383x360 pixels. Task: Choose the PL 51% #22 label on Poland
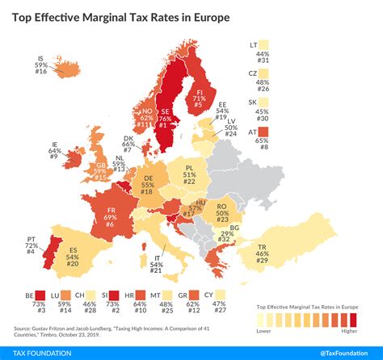(189, 178)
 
